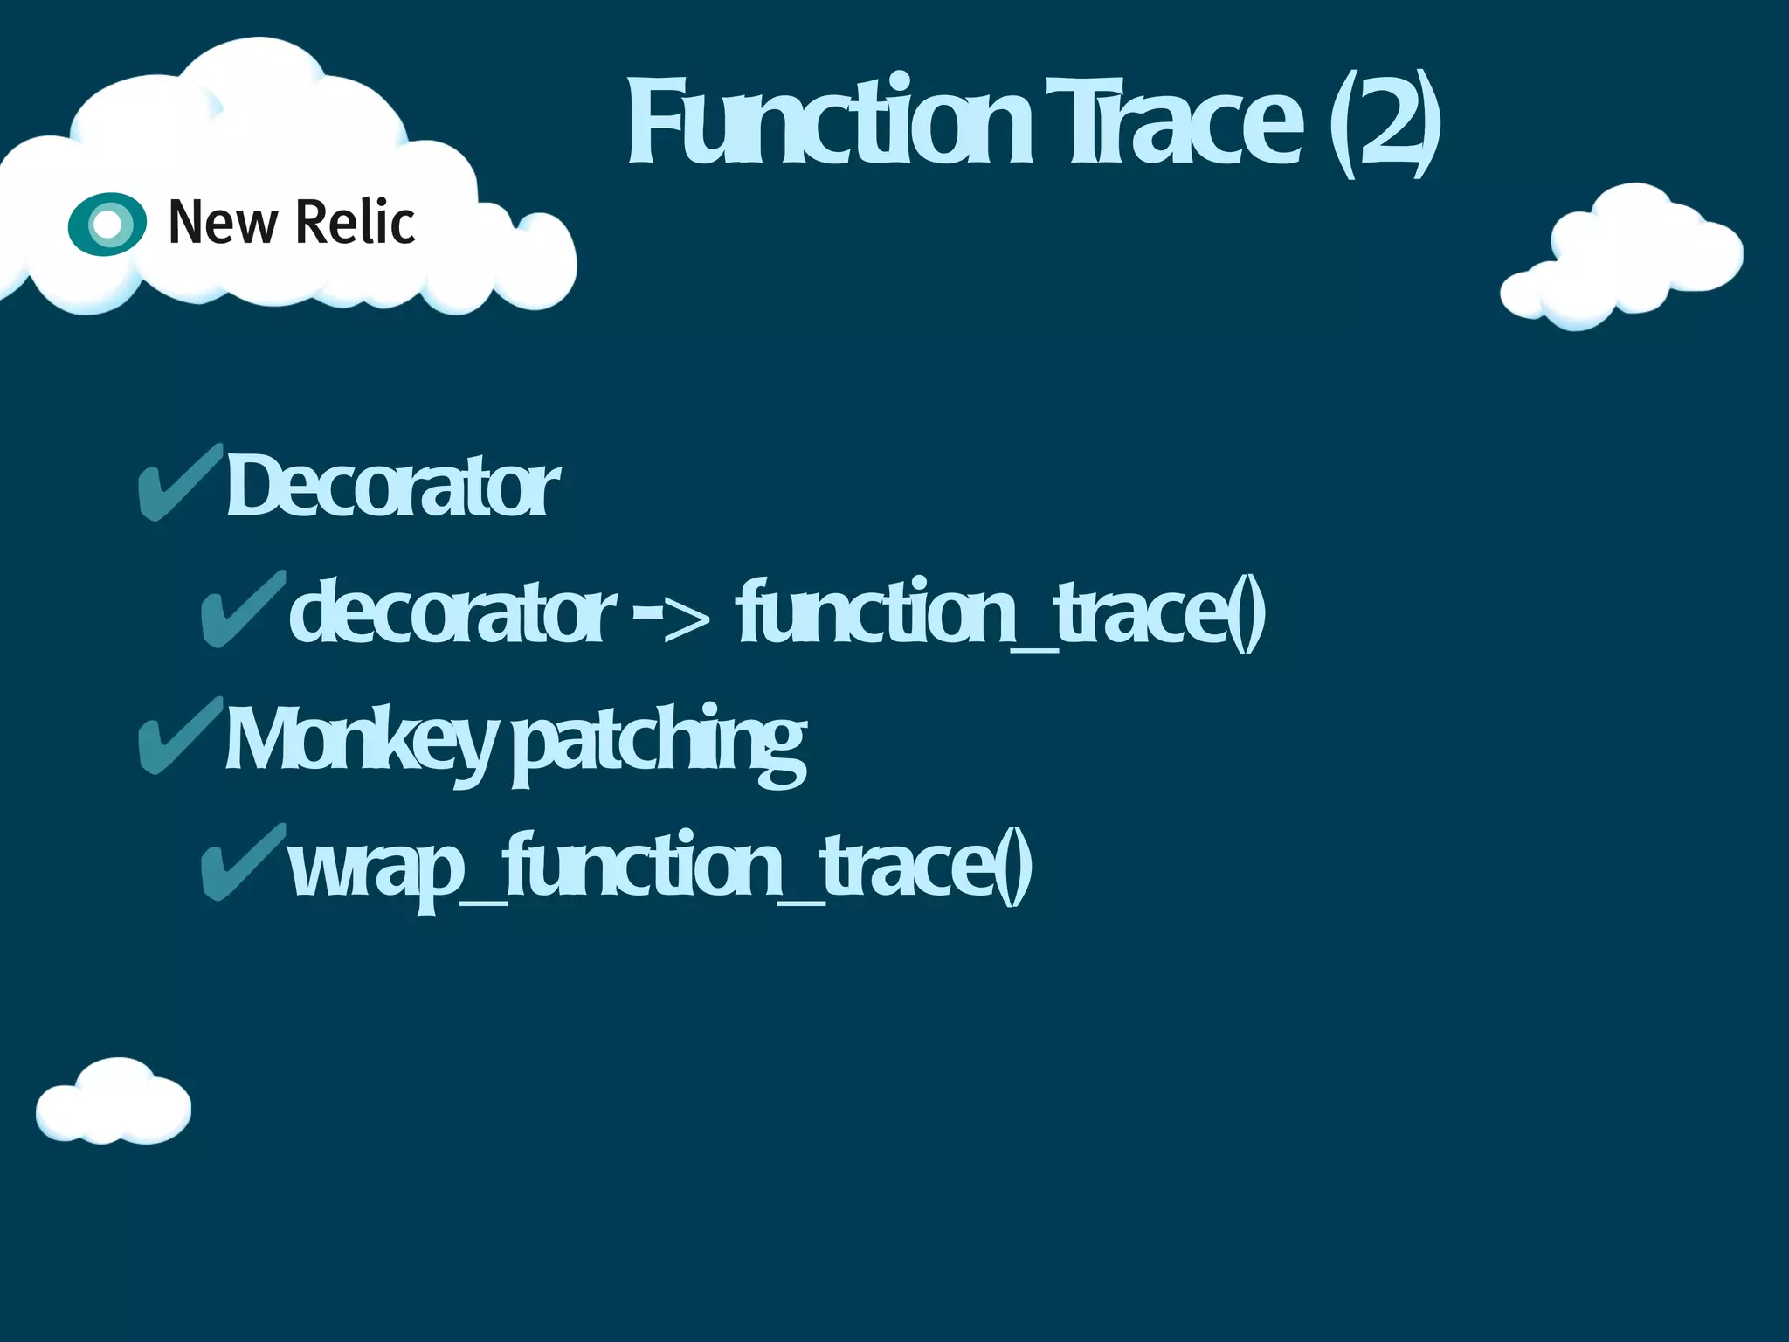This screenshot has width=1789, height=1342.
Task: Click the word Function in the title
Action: click(830, 122)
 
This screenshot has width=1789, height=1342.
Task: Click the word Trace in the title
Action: click(1175, 122)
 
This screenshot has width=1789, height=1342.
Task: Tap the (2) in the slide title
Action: click(1385, 122)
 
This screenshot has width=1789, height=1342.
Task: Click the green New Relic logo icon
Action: click(107, 224)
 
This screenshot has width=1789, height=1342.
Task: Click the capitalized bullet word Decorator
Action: click(393, 486)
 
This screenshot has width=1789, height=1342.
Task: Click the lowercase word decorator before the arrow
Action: click(452, 612)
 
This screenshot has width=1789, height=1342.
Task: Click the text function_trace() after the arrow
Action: click(1001, 612)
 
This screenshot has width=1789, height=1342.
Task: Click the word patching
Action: click(659, 743)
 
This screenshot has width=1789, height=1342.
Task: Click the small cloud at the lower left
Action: click(114, 1103)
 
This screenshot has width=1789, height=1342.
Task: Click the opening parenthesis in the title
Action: click(1342, 122)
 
